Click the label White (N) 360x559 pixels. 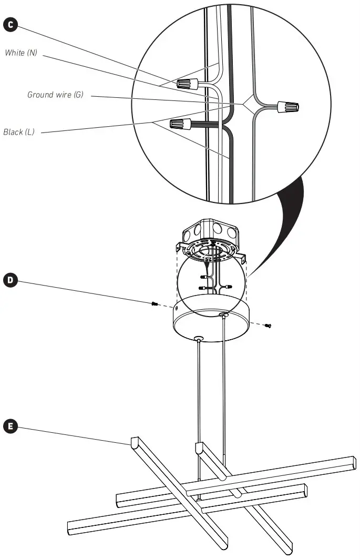20,53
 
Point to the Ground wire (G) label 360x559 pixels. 55,95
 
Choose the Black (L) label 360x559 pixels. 19,132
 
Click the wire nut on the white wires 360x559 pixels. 187,83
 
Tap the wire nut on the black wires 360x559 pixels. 180,125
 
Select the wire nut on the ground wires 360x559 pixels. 288,107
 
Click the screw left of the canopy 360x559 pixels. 155,304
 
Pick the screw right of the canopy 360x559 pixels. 269,326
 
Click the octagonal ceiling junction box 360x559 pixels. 210,231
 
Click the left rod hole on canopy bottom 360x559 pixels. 198,338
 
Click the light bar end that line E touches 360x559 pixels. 134,441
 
